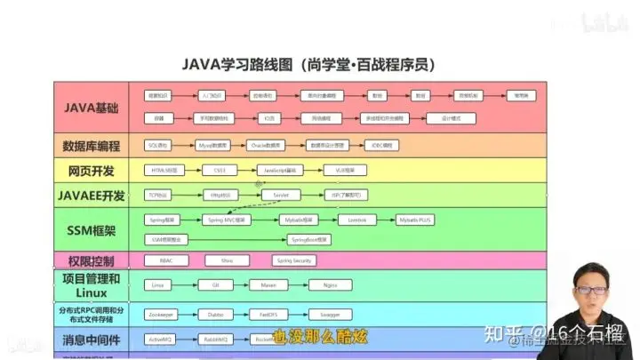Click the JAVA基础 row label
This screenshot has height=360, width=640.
click(x=92, y=107)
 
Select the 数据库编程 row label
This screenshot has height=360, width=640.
click(x=92, y=145)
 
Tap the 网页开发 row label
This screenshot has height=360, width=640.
click(x=92, y=170)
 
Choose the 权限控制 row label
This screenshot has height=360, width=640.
click(x=92, y=261)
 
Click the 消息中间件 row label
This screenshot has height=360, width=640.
click(x=92, y=340)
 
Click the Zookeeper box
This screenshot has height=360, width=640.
click(x=162, y=314)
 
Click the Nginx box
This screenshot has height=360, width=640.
click(x=331, y=285)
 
